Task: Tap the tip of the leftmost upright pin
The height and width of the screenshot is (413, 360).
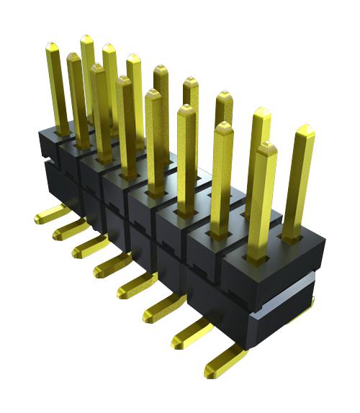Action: coord(52,48)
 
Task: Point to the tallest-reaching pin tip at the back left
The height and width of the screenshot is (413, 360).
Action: coord(86,39)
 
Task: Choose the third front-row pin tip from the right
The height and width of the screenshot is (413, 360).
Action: coord(186,110)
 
